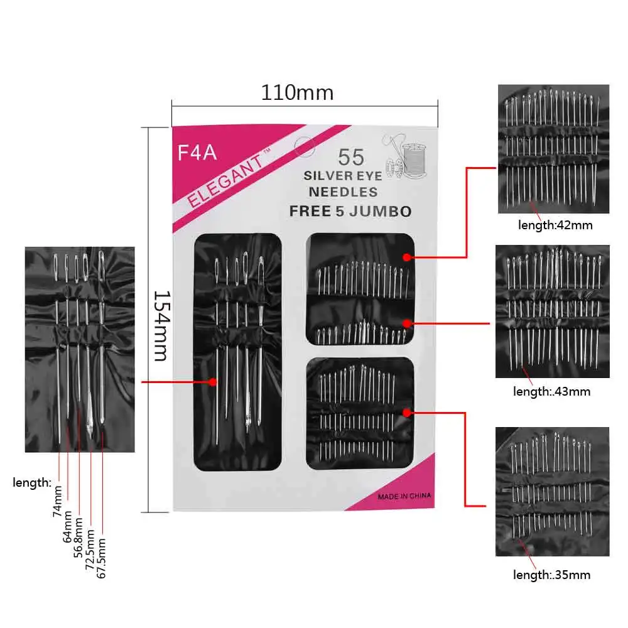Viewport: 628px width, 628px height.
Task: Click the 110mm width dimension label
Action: pos(297,93)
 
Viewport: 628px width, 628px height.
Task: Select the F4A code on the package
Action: pos(197,153)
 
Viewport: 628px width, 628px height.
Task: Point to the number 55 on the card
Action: pos(351,157)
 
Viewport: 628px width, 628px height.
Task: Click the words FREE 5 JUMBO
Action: pos(350,211)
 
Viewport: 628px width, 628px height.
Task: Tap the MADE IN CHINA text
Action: pos(404,496)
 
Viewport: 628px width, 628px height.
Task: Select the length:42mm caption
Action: pos(555,224)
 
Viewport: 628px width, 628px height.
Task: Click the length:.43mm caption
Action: pos(552,391)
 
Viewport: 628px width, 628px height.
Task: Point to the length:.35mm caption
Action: pos(552,574)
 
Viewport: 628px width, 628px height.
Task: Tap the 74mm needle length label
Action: pos(58,501)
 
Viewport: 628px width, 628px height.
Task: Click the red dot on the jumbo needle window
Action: pos(214,381)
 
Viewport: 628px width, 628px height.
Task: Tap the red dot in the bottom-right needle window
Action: pos(407,413)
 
